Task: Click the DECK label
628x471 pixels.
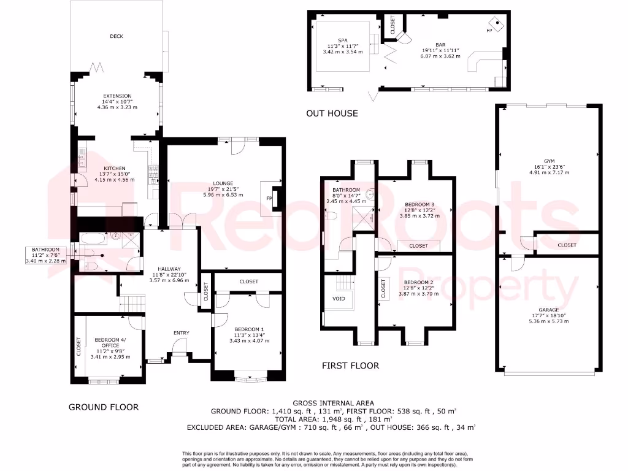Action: click(x=117, y=36)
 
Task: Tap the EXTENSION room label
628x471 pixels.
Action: click(x=117, y=96)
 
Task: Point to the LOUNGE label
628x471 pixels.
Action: click(x=223, y=183)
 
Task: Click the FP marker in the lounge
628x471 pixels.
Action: click(x=268, y=199)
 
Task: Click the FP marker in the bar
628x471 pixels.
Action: click(x=489, y=29)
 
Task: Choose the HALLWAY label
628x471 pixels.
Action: click(x=169, y=269)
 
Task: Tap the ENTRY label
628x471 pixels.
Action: click(x=181, y=333)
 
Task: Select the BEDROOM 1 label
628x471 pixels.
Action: click(x=248, y=329)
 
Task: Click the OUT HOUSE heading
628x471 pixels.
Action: click(x=332, y=113)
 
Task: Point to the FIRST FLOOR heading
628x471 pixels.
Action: click(x=350, y=366)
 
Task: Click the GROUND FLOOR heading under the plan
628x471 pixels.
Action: click(x=103, y=407)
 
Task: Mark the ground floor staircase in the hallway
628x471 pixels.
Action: click(x=132, y=303)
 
